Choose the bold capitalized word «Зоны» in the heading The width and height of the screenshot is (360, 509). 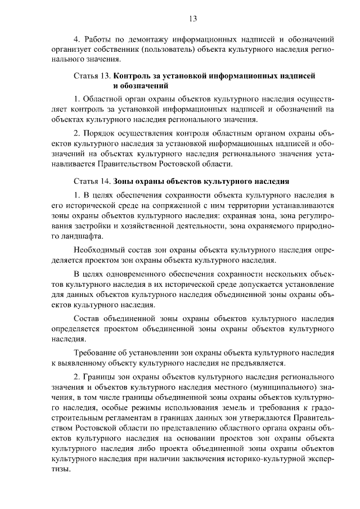[x=123, y=182]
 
